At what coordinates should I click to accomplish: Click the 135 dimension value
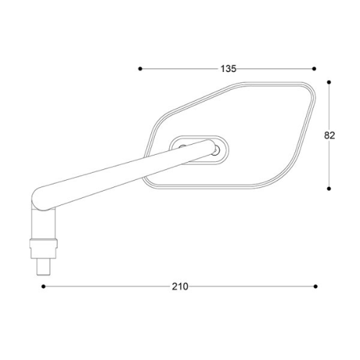228,69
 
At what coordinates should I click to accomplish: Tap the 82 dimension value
329,135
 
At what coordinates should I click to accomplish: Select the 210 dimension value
180,287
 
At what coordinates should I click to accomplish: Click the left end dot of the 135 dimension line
140,69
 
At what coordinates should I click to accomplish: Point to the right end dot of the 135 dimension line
314,69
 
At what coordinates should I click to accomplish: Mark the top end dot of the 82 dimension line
329,82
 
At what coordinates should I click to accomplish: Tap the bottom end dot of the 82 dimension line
329,189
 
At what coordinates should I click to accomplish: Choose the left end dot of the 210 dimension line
43,287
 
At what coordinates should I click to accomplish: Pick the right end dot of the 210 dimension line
315,287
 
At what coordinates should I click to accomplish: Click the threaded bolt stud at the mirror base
43,266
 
